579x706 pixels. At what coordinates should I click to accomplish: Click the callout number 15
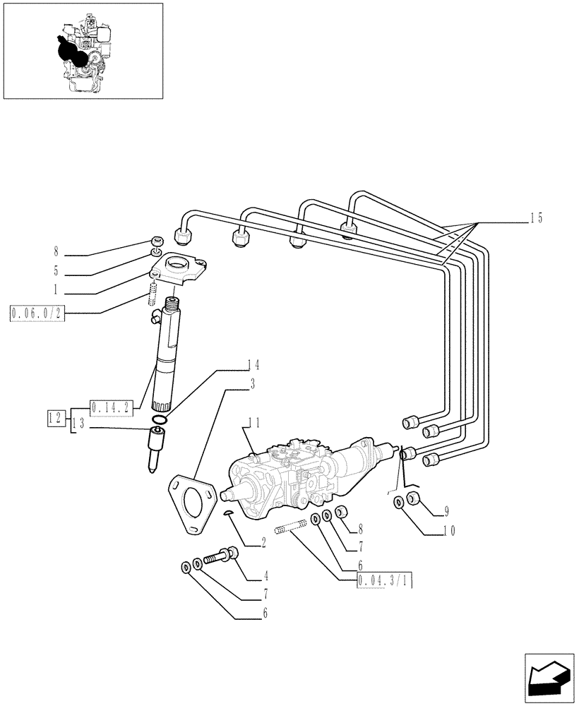536,218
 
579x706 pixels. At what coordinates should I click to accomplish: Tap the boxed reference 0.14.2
111,407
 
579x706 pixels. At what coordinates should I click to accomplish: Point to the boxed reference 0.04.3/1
385,581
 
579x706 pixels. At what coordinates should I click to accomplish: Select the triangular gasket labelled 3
191,503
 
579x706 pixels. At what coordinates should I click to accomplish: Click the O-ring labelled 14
160,421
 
